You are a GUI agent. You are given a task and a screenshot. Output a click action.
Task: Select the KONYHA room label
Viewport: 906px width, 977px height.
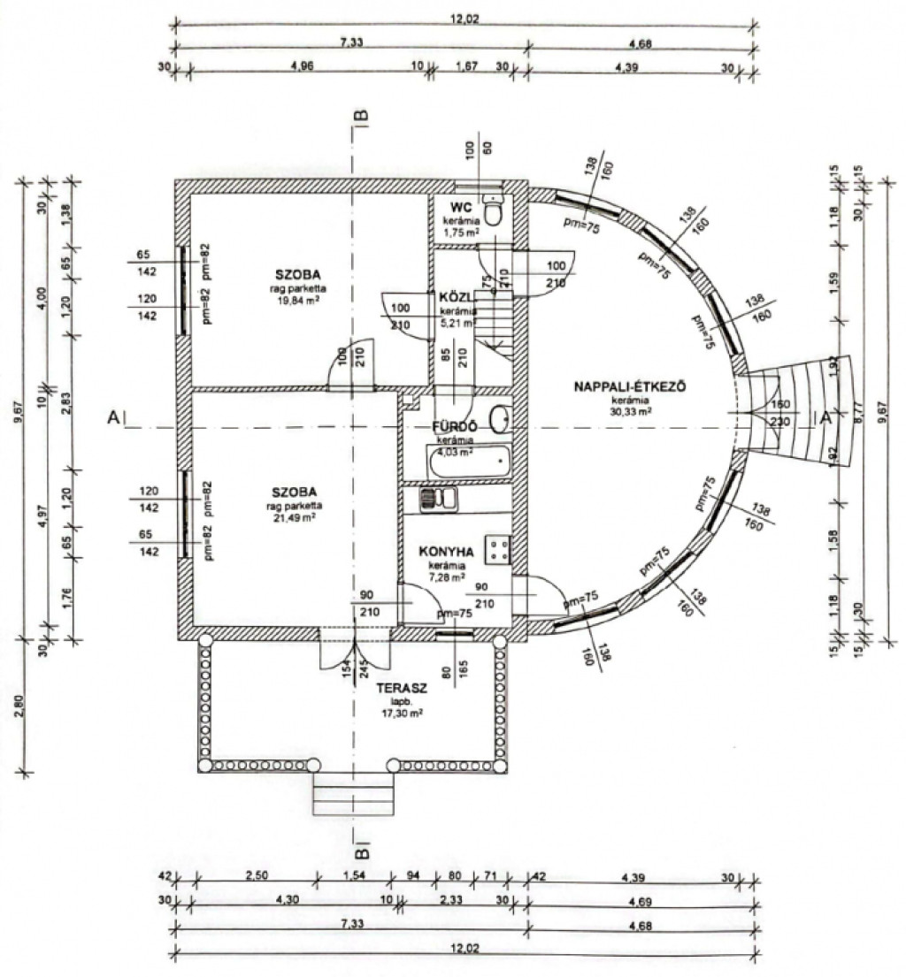447,551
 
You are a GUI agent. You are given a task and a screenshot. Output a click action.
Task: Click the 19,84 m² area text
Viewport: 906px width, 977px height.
296,300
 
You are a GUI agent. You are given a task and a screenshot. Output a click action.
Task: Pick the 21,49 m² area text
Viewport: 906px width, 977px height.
296,517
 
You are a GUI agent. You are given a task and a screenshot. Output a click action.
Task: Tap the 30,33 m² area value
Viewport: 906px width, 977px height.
631,411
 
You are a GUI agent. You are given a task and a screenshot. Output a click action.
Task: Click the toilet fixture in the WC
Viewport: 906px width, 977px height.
496,211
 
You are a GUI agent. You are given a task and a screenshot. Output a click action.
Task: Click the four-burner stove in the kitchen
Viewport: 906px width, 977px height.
496,550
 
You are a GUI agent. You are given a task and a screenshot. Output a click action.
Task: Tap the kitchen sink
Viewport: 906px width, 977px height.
438,500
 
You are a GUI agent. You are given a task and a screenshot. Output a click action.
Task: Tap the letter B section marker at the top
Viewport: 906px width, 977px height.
360,113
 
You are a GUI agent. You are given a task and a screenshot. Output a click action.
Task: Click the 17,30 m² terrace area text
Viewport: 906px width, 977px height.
403,711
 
